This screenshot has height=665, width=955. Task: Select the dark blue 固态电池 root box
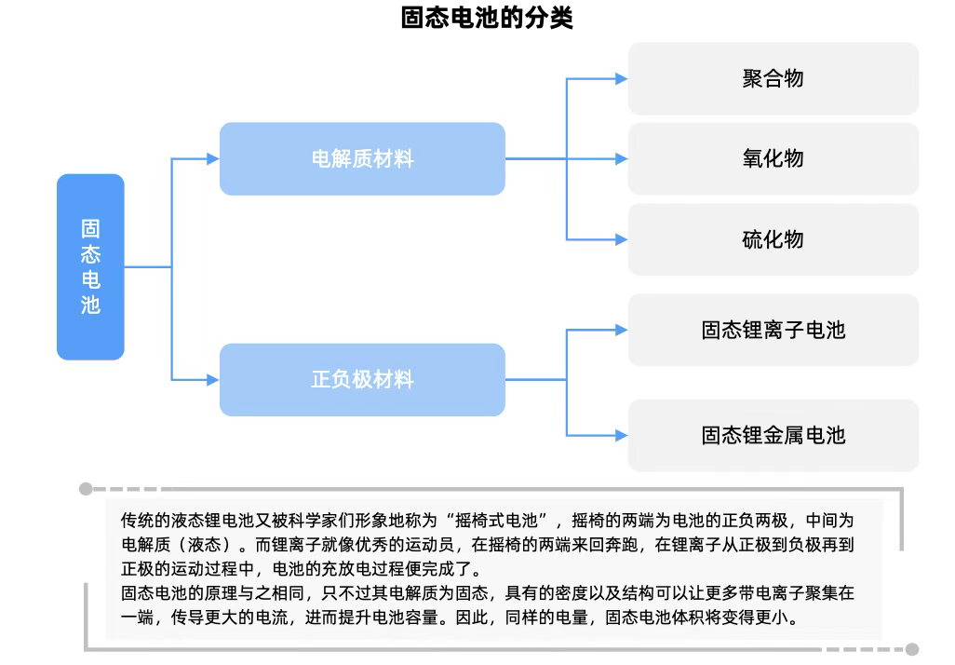(90, 266)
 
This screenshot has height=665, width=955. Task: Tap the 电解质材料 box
(362, 159)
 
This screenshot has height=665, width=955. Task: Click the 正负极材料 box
(362, 380)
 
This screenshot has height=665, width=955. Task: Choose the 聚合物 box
(773, 79)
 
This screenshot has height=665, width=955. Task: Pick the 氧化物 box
(773, 159)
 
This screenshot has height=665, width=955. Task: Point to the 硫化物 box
(773, 239)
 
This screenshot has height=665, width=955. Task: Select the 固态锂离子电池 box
(773, 330)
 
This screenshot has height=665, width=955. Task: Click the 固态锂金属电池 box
(773, 435)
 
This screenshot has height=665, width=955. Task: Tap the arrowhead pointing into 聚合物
(621, 79)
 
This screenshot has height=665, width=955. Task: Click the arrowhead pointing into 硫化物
(621, 239)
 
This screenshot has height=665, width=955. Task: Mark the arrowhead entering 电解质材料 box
(212, 159)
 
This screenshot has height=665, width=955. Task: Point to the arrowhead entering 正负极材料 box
(212, 380)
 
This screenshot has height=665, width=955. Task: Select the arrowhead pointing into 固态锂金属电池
(621, 435)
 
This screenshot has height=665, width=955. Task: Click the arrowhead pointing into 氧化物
(621, 159)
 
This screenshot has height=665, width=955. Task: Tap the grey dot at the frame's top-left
(86, 488)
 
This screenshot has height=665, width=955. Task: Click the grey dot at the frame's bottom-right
(912, 649)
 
